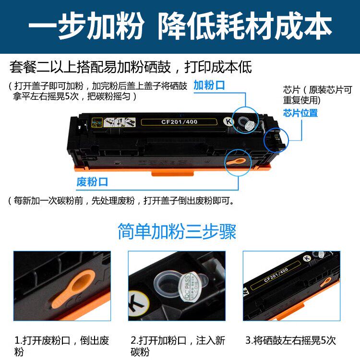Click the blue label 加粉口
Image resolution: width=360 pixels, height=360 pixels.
(209, 85)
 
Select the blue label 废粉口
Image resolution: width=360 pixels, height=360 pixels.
(92, 182)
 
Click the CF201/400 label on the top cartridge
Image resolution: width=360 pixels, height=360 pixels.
(180, 121)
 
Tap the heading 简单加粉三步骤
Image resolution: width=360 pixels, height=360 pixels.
(177, 232)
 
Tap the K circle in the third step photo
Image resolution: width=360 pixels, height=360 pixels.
(306, 259)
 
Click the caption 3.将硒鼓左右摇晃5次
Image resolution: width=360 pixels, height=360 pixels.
(290, 341)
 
